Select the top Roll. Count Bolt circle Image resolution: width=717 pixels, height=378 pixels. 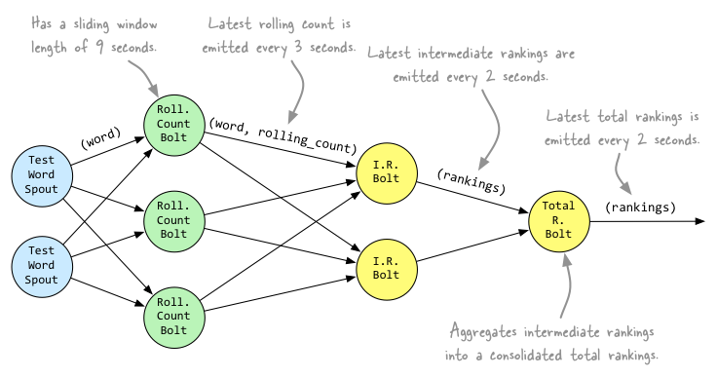[173, 125]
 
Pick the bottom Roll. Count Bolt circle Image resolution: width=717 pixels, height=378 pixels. [173, 313]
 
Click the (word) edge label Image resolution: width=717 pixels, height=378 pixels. [99, 140]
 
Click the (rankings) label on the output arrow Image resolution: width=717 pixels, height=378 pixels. [639, 208]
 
